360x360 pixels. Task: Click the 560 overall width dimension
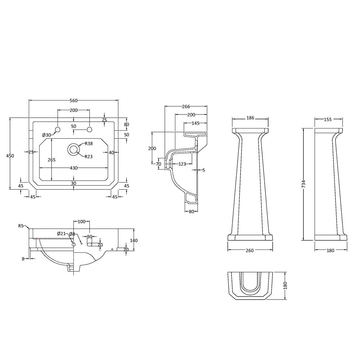[x=73, y=100]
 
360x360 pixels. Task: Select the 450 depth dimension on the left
[x=10, y=156]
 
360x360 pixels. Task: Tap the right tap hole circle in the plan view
[x=89, y=130]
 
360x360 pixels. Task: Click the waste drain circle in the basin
[x=73, y=149]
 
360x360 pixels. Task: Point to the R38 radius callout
[x=89, y=144]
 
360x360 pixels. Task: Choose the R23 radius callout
[x=89, y=157]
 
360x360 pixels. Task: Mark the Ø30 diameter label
[x=46, y=135]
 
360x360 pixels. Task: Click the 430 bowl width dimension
[x=73, y=168]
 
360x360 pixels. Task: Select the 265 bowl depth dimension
[x=51, y=160]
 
